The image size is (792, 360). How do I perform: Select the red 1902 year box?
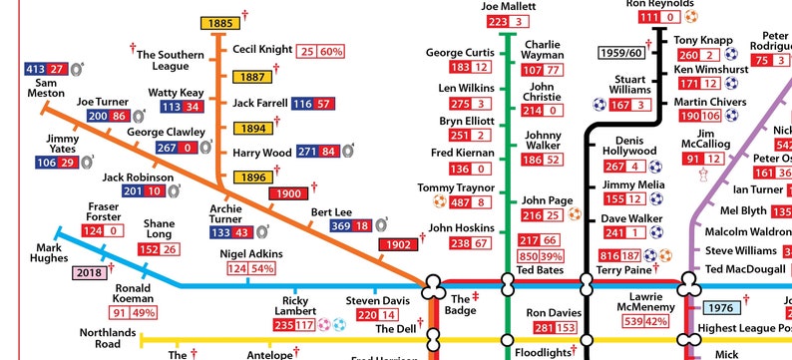398,244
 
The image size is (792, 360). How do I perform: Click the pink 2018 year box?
88,271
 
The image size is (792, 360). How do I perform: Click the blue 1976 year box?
721,309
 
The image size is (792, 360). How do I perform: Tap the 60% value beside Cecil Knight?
331,52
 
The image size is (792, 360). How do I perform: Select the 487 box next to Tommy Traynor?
461,203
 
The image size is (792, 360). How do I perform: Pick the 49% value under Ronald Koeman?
143,312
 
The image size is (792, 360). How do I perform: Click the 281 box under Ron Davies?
544,328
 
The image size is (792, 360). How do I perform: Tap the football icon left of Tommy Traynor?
439,203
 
